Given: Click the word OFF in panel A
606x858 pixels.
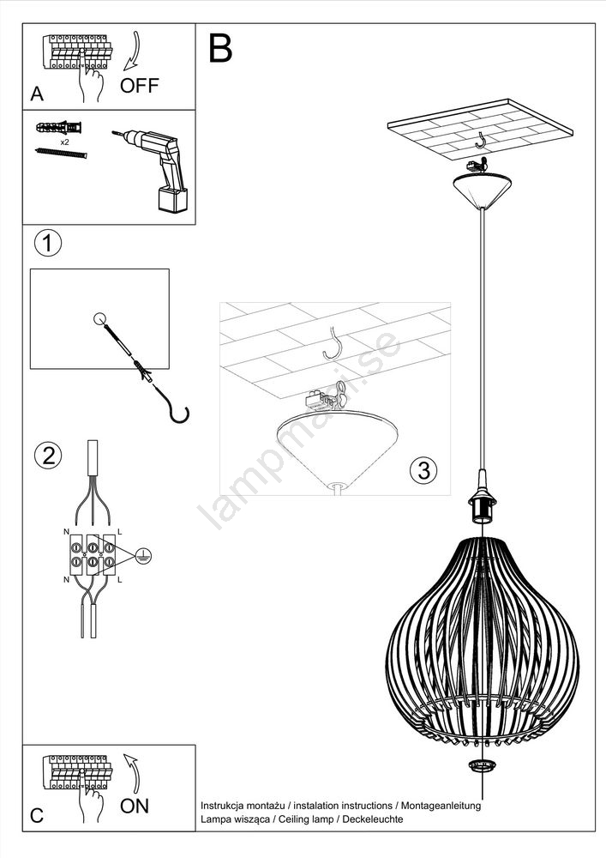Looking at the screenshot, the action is [x=140, y=85].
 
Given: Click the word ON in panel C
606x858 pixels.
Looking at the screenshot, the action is [x=135, y=806].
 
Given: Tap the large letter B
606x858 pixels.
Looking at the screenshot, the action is [x=221, y=49].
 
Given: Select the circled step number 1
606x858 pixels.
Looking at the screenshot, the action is [x=48, y=243].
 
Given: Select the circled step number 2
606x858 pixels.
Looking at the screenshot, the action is [x=48, y=456].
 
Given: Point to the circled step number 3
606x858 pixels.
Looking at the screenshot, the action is [x=424, y=470].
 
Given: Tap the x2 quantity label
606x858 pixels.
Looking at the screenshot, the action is [x=65, y=142].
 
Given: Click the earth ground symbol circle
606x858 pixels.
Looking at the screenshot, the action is [x=143, y=556].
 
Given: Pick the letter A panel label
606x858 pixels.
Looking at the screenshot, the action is [x=37, y=94].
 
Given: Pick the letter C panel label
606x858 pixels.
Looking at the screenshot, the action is [x=37, y=815].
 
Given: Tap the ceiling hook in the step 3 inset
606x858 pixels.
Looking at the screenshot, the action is [x=333, y=344].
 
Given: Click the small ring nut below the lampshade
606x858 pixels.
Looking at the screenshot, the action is [x=482, y=766].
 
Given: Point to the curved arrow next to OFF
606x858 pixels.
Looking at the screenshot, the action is [x=132, y=51].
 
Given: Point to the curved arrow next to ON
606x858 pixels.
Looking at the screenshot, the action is [x=132, y=774].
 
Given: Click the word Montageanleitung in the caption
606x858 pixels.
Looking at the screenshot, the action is [x=441, y=806].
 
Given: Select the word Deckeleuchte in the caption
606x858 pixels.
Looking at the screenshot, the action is [x=373, y=819].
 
